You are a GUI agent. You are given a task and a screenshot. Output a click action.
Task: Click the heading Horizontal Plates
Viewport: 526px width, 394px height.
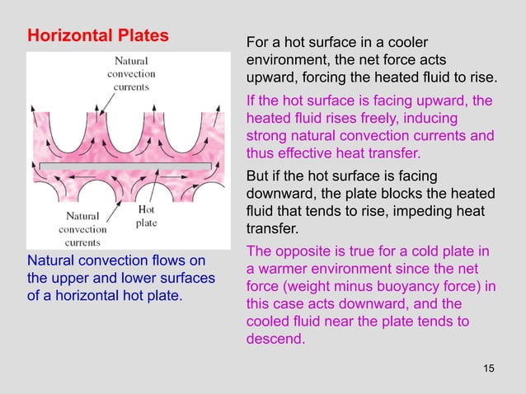(x=98, y=37)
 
